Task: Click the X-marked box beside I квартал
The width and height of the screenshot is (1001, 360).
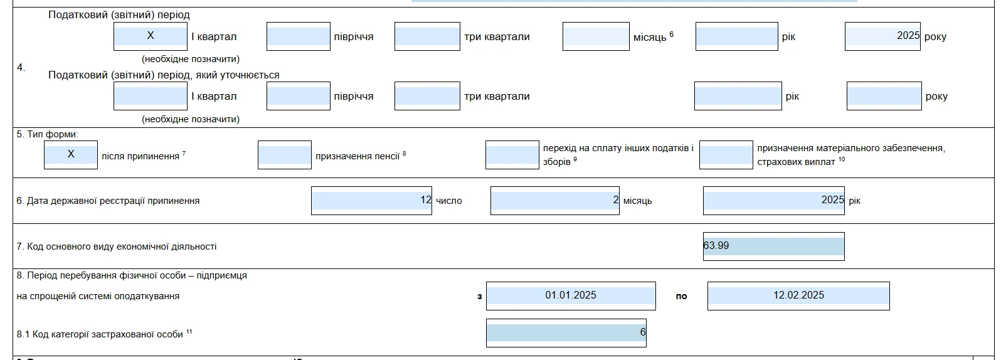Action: (x=151, y=36)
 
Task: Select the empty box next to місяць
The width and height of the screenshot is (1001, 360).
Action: (x=596, y=36)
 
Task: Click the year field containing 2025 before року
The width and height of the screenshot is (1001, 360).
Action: (x=882, y=36)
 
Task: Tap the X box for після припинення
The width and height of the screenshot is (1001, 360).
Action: (x=71, y=154)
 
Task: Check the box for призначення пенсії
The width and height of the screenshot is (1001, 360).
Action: (x=285, y=154)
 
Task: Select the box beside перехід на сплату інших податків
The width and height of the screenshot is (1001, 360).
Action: (x=512, y=154)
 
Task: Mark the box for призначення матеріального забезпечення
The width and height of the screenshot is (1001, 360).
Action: (x=726, y=154)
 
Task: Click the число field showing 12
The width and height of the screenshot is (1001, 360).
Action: (x=371, y=201)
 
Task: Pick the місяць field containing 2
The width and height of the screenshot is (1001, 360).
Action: (x=555, y=201)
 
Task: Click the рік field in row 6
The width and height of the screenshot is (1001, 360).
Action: (x=774, y=201)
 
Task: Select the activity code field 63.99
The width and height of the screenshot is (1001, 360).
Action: (x=774, y=246)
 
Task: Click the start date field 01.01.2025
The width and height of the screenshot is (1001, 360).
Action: (x=571, y=295)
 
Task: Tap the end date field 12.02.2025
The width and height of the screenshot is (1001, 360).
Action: (x=798, y=295)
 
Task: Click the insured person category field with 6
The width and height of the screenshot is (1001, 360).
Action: (x=566, y=333)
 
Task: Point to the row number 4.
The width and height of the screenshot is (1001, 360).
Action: (x=21, y=68)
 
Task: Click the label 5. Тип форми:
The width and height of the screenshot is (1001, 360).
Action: (x=48, y=134)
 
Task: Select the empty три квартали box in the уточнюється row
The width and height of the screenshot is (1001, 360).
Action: (x=427, y=95)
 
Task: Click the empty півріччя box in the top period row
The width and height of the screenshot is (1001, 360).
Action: (x=299, y=36)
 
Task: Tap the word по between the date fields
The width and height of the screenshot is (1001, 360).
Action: (x=682, y=296)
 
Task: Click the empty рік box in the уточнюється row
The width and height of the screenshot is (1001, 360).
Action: (x=738, y=95)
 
